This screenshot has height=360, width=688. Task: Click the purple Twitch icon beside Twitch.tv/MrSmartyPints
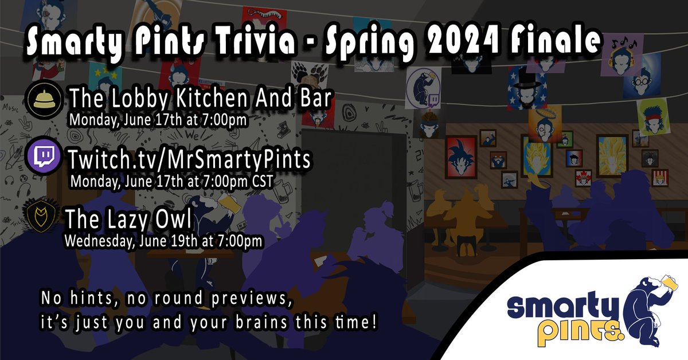tap(44, 156)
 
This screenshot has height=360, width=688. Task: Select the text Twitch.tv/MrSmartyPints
tap(190, 159)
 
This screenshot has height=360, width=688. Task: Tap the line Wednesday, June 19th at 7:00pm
tap(164, 241)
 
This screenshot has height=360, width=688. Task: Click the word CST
tap(259, 182)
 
